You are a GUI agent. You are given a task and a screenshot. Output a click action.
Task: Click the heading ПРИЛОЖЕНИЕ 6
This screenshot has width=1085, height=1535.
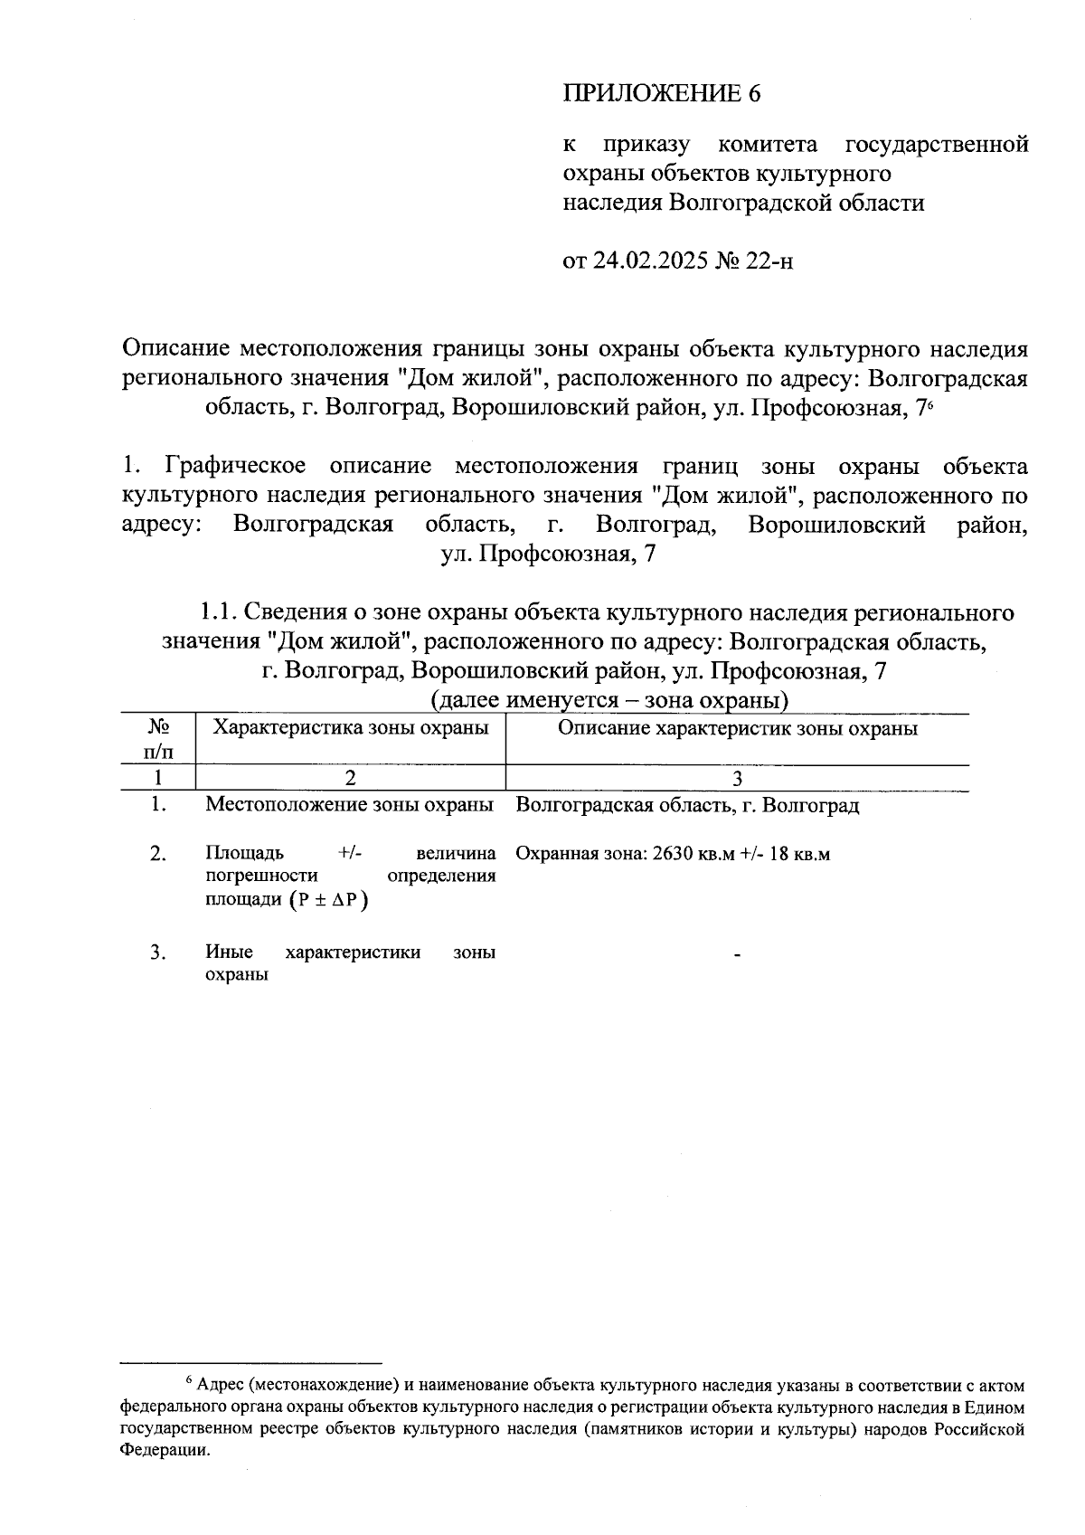pos(657,93)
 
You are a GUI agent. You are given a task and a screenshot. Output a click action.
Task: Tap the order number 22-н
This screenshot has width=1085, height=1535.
pos(769,261)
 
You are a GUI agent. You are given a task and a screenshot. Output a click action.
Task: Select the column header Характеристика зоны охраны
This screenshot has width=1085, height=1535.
pos(350,728)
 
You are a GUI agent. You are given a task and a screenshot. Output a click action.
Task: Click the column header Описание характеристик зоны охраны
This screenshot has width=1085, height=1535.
pos(737,728)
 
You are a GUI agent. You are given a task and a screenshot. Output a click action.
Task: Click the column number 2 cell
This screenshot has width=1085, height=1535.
pos(350,778)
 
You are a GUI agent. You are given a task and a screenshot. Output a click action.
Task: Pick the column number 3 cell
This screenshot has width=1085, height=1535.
pos(737,778)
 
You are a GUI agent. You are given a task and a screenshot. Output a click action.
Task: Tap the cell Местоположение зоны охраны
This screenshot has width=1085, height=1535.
pos(350,804)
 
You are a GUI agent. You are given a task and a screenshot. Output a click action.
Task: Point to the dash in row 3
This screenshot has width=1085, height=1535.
pos(738,953)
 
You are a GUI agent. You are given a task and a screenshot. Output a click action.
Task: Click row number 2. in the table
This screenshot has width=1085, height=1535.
pos(158,853)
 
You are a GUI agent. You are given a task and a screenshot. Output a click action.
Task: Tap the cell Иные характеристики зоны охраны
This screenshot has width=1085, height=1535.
pos(350,963)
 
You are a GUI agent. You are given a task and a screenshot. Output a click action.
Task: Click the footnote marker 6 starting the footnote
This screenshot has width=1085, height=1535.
pos(188,1379)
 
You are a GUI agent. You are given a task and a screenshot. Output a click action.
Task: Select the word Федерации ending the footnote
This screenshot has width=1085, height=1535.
pos(163,1450)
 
